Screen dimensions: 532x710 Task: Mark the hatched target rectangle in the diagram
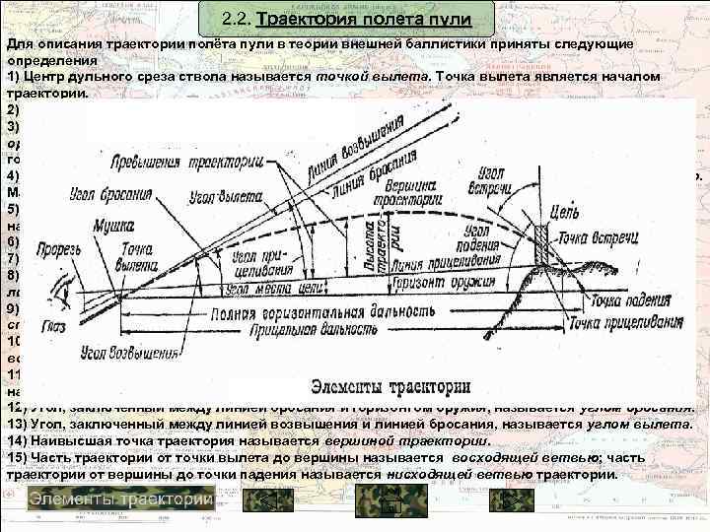540,245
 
